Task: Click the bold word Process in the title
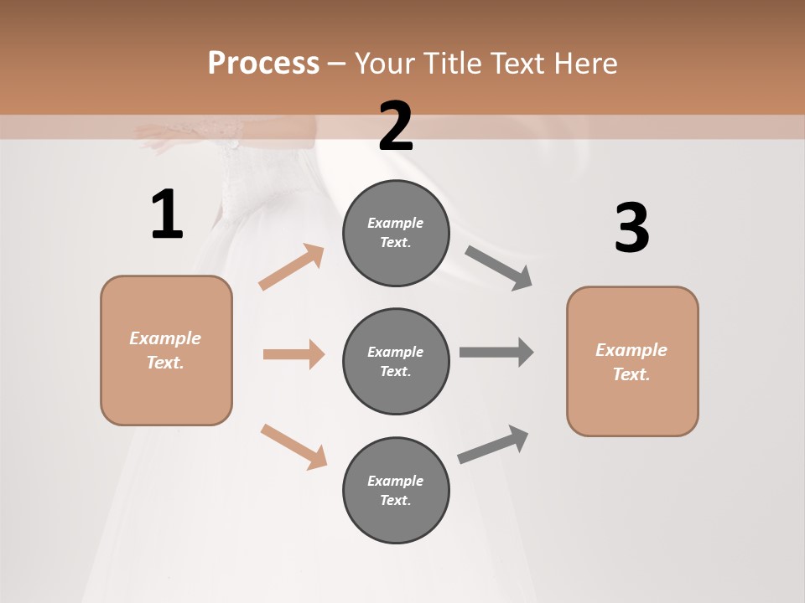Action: [263, 64]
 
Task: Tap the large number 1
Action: [167, 215]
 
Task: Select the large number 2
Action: [396, 126]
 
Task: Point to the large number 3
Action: [632, 228]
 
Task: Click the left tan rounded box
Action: [166, 350]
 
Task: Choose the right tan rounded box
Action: [632, 362]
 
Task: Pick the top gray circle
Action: [396, 233]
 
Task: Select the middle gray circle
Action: [396, 362]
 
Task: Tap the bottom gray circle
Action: [396, 491]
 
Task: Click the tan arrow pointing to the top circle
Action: [292, 267]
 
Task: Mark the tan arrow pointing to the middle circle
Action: [293, 354]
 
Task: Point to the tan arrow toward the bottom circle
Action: [293, 446]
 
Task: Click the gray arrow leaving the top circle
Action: [499, 268]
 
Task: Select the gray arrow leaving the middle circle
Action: [496, 352]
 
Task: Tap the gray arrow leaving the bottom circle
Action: [494, 445]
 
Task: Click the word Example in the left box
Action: [165, 338]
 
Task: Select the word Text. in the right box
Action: [631, 374]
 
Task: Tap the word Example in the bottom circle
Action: [395, 481]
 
